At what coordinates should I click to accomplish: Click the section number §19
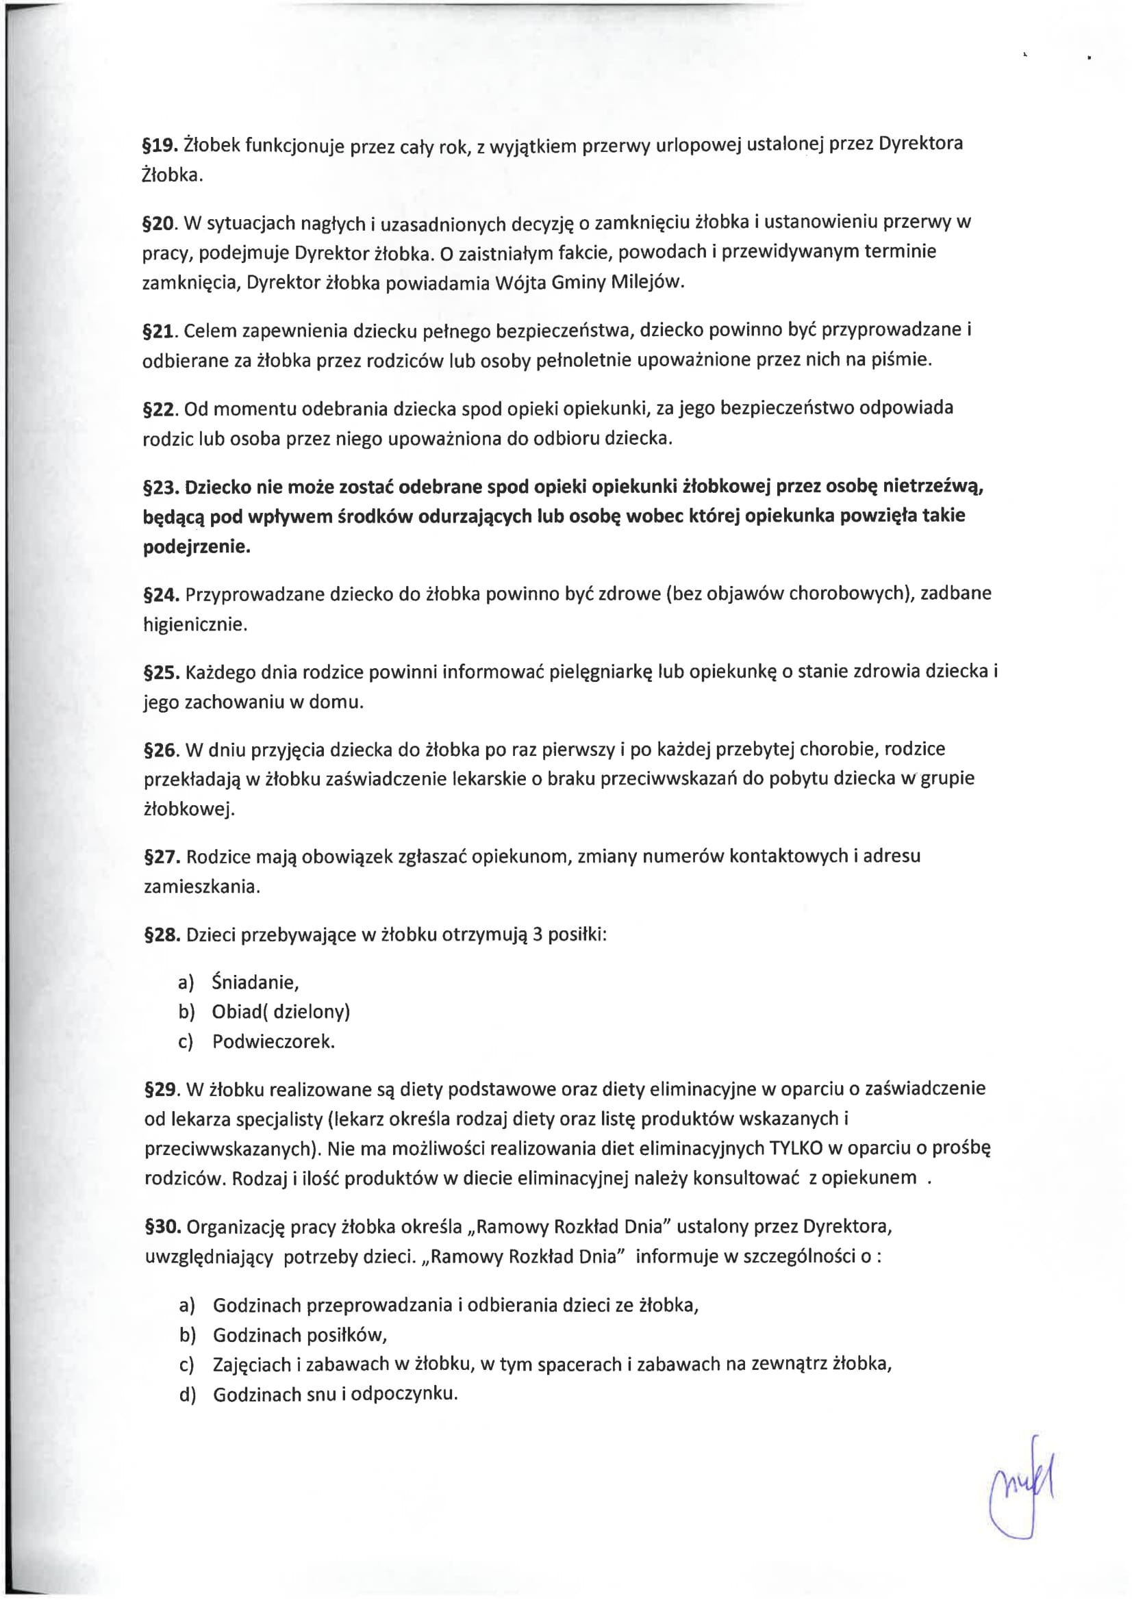[160, 146]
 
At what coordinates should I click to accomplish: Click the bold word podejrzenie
[197, 547]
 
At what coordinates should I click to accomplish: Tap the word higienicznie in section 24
[195, 624]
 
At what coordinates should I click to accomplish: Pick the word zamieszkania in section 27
[201, 887]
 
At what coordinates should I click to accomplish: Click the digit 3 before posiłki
[538, 934]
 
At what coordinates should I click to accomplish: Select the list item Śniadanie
[255, 982]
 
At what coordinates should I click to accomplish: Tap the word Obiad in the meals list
[237, 1011]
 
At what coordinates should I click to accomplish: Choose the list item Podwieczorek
[273, 1042]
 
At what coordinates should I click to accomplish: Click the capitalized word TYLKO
[796, 1147]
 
